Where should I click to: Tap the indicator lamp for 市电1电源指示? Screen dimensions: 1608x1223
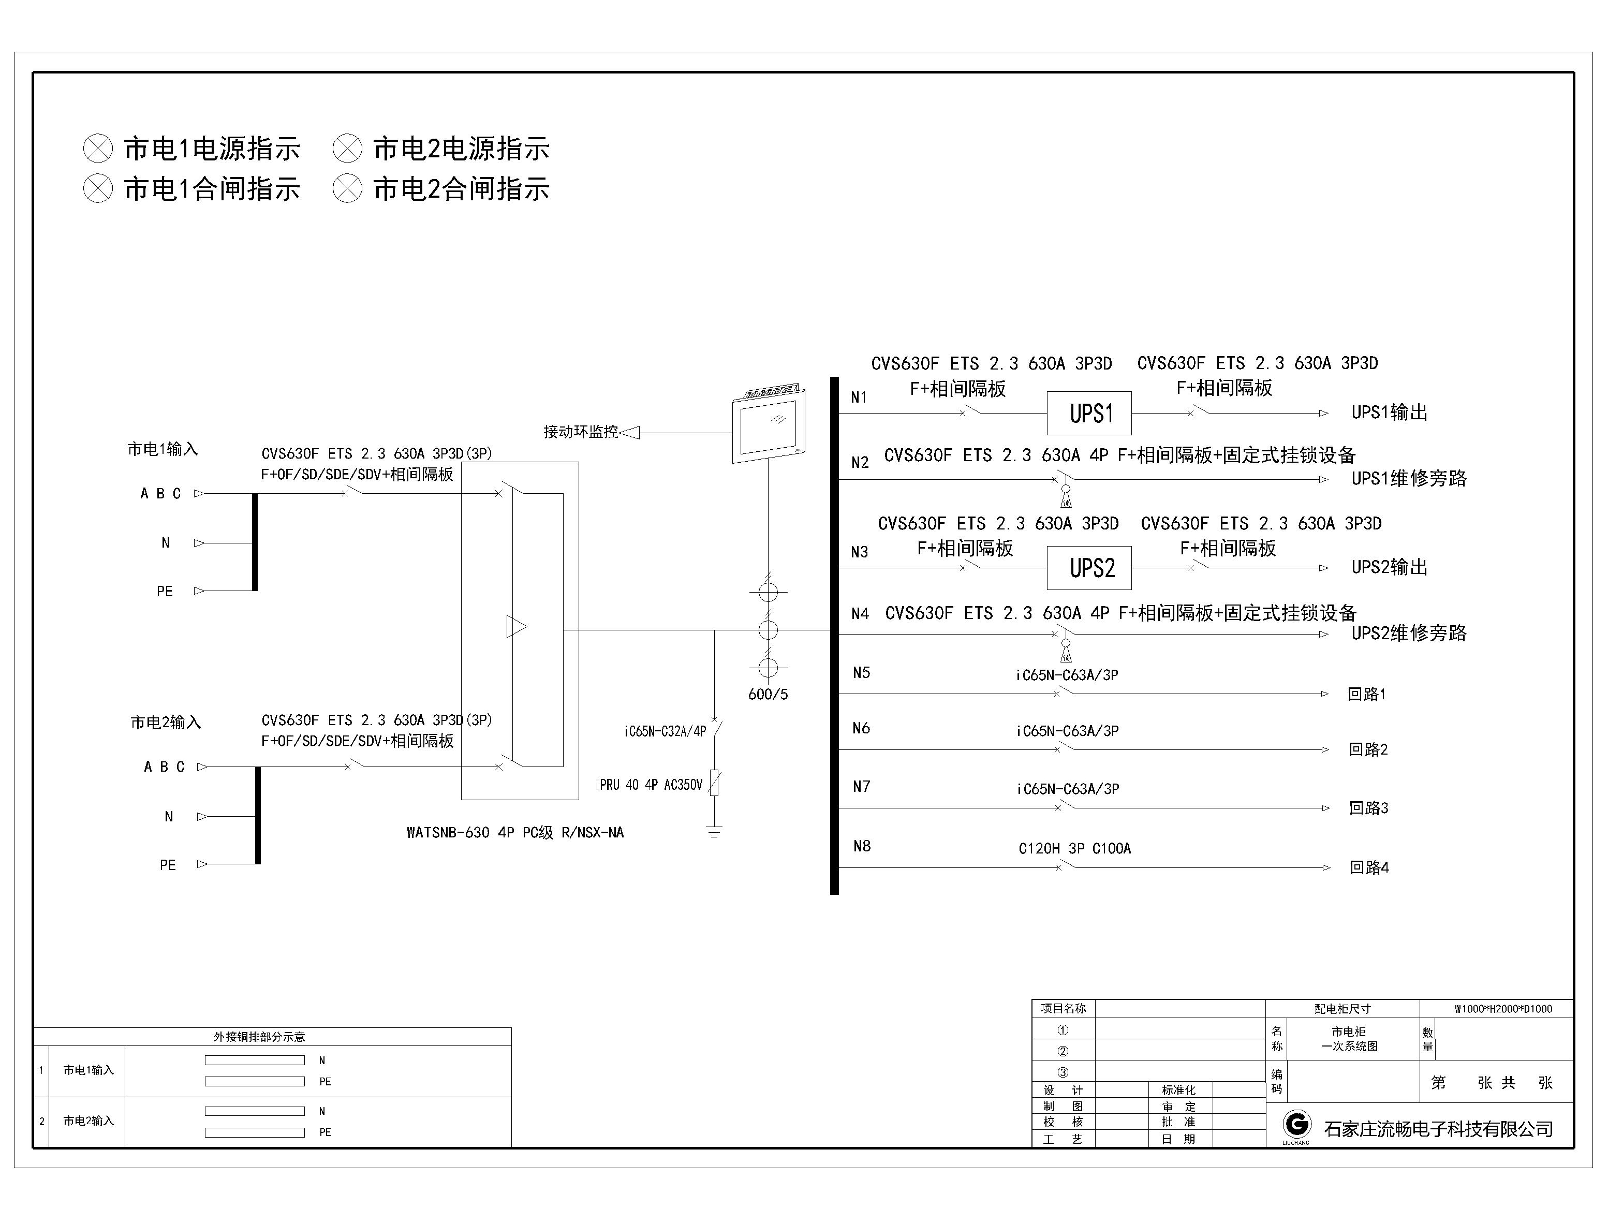tap(98, 149)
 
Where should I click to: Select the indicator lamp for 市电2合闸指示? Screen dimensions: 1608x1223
tap(347, 188)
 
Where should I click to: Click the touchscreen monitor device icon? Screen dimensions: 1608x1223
tap(769, 422)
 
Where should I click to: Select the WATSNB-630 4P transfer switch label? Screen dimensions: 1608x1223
tap(514, 833)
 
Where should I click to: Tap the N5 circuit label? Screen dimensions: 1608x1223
tap(861, 673)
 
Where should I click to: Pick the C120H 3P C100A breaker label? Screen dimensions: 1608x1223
tap(1074, 848)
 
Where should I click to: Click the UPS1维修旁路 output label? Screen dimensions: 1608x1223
tap(1409, 478)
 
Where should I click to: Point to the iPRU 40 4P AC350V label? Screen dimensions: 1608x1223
tap(648, 785)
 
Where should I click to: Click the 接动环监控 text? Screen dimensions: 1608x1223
tap(580, 432)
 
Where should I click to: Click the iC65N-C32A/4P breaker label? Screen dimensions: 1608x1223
tap(665, 731)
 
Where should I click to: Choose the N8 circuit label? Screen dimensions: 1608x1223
tap(862, 846)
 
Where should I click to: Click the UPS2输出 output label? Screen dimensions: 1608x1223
tap(1389, 567)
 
